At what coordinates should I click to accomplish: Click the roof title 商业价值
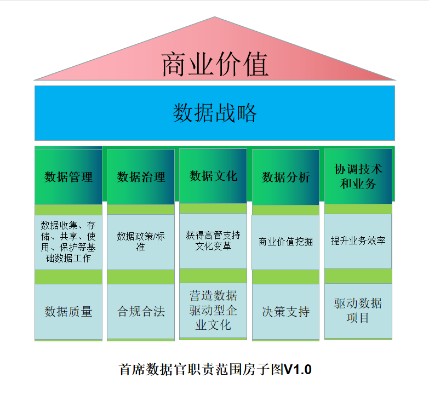[215, 65]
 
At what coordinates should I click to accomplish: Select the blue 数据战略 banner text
[215, 113]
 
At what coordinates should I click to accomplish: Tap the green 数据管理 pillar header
[68, 177]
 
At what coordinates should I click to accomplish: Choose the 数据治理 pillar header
[141, 177]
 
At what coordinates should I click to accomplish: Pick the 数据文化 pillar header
[213, 176]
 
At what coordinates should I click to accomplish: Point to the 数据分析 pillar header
[285, 177]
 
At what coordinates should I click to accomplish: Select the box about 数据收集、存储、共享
[68, 242]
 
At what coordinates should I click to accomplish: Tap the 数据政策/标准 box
[141, 242]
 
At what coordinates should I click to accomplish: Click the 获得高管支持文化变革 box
[213, 241]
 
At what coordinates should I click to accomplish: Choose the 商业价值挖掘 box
[285, 242]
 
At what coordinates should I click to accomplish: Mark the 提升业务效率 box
[358, 241]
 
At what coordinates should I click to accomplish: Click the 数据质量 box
[68, 312]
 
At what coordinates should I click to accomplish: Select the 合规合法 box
[141, 312]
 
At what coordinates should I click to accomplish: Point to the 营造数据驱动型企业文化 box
[213, 310]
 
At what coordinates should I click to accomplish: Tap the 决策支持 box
[285, 312]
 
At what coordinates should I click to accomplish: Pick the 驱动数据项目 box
[358, 311]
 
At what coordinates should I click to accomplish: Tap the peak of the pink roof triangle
[214, 18]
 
